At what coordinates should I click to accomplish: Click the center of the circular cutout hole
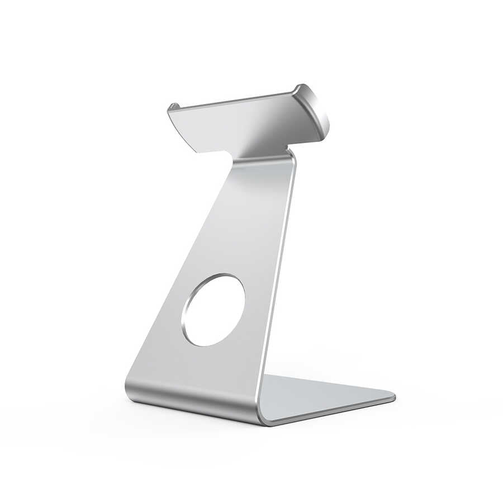[213, 310]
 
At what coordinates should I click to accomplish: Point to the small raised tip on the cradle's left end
[173, 106]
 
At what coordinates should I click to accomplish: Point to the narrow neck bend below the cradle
[263, 159]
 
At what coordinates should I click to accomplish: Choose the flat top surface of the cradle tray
[246, 123]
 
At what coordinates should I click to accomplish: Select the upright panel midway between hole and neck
[246, 224]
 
